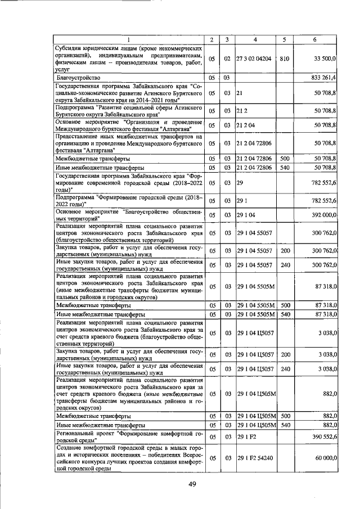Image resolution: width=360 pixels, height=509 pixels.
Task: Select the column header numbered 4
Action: click(x=255, y=39)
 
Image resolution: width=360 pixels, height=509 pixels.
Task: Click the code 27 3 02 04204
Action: click(x=254, y=58)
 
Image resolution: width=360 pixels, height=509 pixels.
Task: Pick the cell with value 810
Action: click(x=284, y=58)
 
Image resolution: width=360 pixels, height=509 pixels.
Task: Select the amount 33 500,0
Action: click(x=322, y=58)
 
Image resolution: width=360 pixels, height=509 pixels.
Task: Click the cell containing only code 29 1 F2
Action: click(x=246, y=436)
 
